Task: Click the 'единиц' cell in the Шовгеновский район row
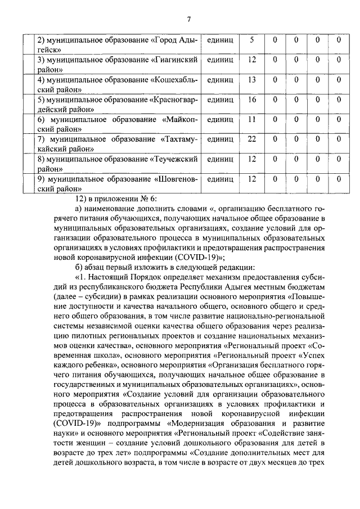click(220, 179)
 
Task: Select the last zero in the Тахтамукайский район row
click(339, 139)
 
